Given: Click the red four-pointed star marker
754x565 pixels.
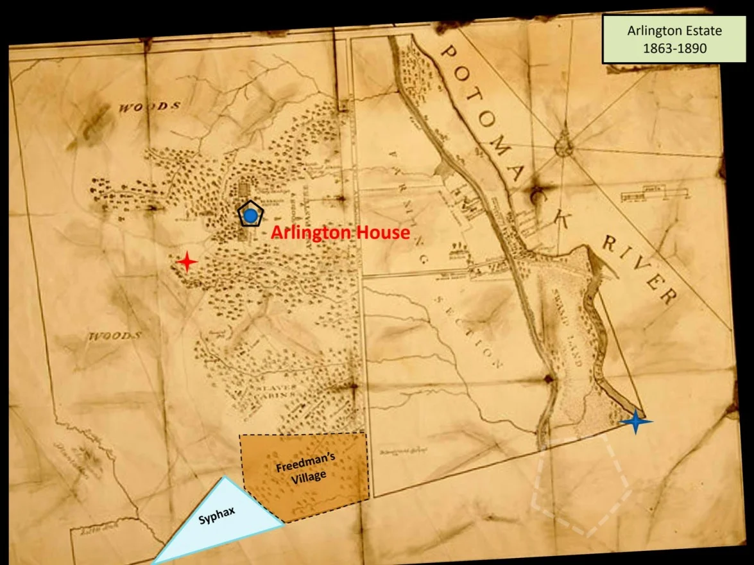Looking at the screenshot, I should [x=187, y=262].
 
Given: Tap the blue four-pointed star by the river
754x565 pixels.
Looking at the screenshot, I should [x=635, y=421].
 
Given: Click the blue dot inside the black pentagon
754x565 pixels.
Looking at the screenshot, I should [x=250, y=215].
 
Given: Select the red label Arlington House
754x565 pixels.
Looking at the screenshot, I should [x=339, y=232].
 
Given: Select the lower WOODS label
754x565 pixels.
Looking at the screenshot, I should [x=115, y=336].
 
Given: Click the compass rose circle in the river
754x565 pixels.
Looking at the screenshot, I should [x=563, y=146].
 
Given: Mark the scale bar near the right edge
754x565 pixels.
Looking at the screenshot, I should [x=653, y=193].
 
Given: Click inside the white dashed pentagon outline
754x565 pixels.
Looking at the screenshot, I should [x=581, y=488].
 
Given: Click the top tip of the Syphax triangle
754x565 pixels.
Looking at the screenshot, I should [x=223, y=478].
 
